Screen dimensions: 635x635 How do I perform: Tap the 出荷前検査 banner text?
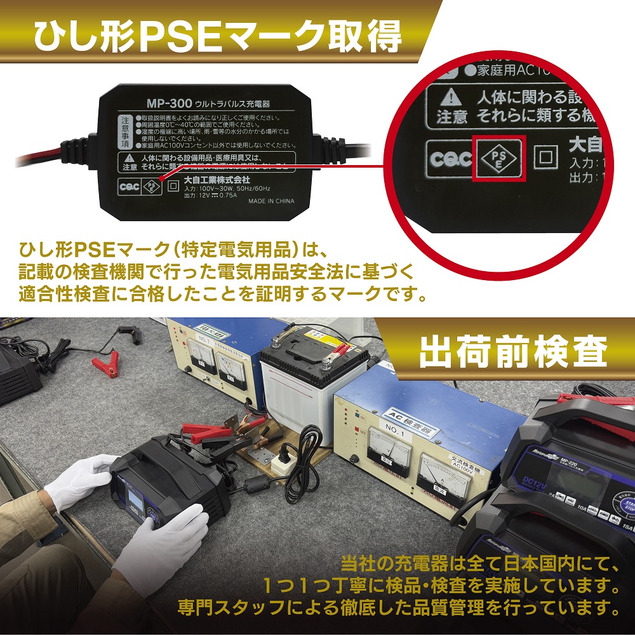[x=513, y=351]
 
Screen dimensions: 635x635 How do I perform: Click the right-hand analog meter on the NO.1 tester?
[x=444, y=472]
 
